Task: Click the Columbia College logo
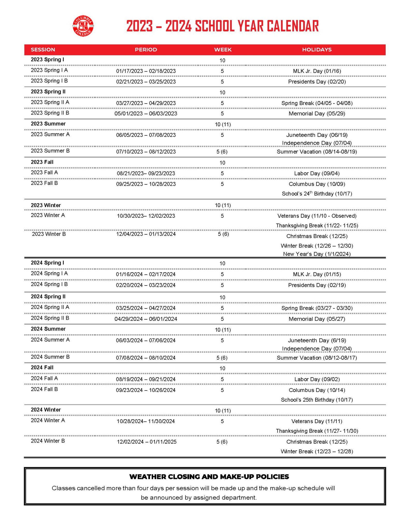pyautogui.click(x=83, y=26)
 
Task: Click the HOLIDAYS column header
pyautogui.click(x=317, y=50)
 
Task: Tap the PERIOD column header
pyautogui.click(x=146, y=50)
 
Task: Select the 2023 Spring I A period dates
pyautogui.click(x=146, y=71)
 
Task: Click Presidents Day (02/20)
pyautogui.click(x=317, y=82)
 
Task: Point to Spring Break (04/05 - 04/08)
pyautogui.click(x=317, y=103)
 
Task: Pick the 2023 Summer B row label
pyautogui.click(x=50, y=151)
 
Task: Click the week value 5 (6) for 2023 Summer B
pyautogui.click(x=222, y=152)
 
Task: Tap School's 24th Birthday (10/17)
pyautogui.click(x=317, y=194)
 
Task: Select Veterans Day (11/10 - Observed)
pyautogui.click(x=317, y=216)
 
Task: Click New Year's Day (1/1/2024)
pyautogui.click(x=317, y=254)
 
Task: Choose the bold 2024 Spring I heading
pyautogui.click(x=47, y=263)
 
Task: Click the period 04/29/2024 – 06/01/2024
pyautogui.click(x=146, y=319)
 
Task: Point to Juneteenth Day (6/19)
pyautogui.click(x=317, y=340)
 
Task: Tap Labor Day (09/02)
pyautogui.click(x=317, y=379)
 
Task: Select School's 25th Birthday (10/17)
pyautogui.click(x=317, y=400)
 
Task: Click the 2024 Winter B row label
pyautogui.click(x=48, y=441)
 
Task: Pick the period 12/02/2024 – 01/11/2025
pyautogui.click(x=147, y=442)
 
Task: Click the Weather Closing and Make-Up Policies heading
pyautogui.click(x=209, y=477)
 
